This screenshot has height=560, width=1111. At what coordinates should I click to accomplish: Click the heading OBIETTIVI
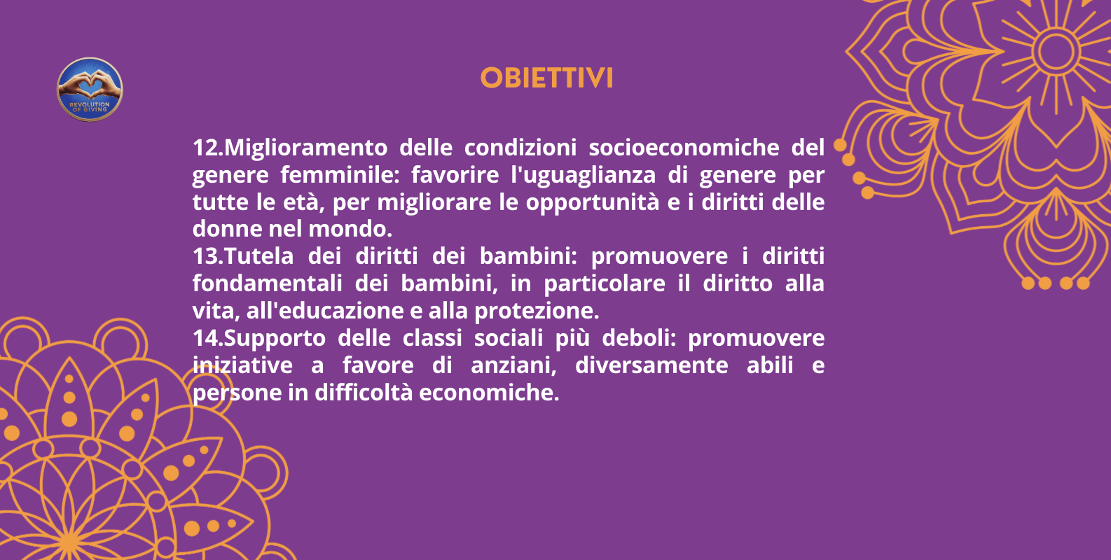pyautogui.click(x=546, y=78)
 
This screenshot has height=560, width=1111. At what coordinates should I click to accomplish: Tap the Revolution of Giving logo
pyautogui.click(x=90, y=90)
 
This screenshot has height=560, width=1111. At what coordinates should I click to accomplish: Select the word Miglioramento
pyautogui.click(x=305, y=148)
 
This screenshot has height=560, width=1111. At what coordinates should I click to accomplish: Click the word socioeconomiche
pyautogui.click(x=684, y=148)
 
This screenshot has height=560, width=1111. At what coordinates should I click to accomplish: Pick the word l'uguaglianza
pyautogui.click(x=583, y=175)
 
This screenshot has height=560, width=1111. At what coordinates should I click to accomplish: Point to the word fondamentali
pyautogui.click(x=268, y=283)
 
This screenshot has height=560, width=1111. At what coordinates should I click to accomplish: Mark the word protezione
pyautogui.click(x=537, y=311)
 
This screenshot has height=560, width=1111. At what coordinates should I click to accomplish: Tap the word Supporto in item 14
pyautogui.click(x=275, y=338)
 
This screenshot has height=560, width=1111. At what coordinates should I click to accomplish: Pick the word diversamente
pyautogui.click(x=651, y=365)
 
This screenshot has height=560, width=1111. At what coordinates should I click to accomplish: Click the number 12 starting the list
pyautogui.click(x=206, y=148)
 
